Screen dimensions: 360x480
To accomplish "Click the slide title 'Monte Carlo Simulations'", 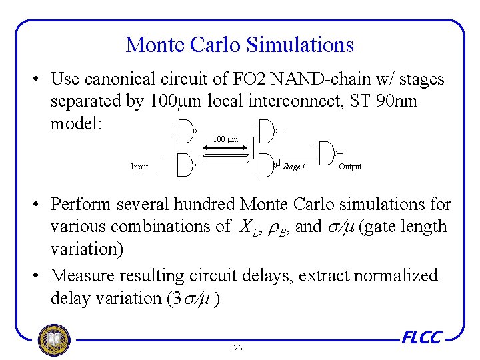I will (x=239, y=45).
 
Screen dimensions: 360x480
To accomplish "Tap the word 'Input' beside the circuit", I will (x=139, y=167).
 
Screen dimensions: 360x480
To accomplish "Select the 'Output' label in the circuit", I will (x=350, y=167).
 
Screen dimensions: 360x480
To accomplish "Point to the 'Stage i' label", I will (x=294, y=167).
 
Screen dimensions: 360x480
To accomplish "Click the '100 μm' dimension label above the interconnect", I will (x=225, y=139).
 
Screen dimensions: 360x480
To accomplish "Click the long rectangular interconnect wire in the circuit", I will (x=225, y=158).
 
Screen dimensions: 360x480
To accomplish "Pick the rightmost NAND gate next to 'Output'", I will (x=327, y=153).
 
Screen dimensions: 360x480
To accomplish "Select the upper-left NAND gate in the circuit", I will (x=191, y=131).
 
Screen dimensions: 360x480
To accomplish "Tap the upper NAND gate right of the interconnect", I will (x=266, y=131).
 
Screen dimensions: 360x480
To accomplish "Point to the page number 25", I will (x=238, y=348).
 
